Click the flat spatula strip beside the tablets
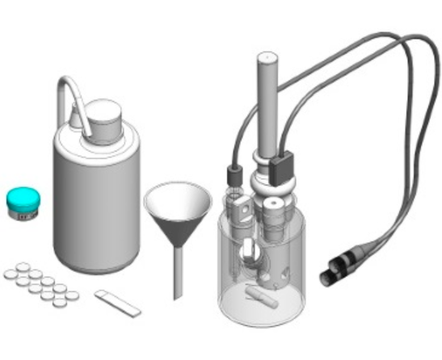point(117,303)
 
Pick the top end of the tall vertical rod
point(267,59)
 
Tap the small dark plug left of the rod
point(236,174)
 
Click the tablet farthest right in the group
point(72,296)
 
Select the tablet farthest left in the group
point(10,274)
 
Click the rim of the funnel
point(179,189)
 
